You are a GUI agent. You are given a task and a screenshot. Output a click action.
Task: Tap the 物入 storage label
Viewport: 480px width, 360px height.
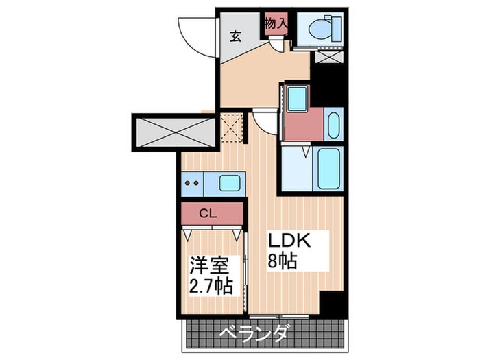pos(276,23)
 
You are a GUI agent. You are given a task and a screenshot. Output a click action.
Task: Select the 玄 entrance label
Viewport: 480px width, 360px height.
pos(235,36)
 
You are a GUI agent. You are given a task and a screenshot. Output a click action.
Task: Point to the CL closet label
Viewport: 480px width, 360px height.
pos(208,213)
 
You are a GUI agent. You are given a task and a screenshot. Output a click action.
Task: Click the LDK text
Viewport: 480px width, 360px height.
pos(289,240)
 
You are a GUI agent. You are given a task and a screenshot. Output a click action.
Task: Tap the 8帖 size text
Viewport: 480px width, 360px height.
pos(282,261)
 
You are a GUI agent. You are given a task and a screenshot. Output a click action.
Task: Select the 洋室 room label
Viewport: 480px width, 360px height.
pos(209,265)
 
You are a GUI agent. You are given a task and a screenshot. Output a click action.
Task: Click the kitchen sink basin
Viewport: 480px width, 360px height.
pos(229,183)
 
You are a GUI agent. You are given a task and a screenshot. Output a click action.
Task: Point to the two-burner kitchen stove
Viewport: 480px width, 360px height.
pos(192,184)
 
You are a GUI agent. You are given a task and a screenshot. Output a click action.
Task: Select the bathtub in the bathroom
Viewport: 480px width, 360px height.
pos(328,169)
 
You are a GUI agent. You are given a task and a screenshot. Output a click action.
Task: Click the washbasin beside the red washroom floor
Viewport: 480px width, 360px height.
pos(333,125)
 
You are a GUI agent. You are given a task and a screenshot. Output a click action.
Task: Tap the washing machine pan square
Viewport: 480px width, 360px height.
pos(297,99)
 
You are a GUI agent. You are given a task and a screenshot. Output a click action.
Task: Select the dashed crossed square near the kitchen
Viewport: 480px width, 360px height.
pos(232,127)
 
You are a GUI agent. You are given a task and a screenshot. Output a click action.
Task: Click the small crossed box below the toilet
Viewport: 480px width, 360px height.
pos(328,57)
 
